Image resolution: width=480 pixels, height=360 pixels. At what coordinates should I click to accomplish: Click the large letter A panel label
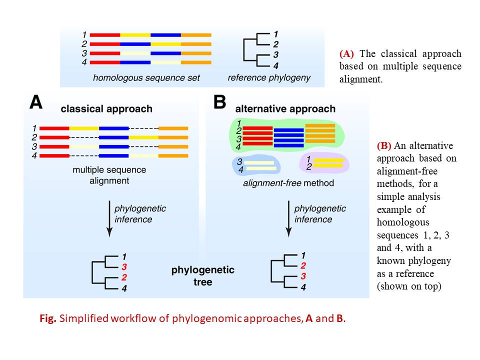(36, 102)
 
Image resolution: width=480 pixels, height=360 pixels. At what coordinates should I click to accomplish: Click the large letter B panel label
(220, 102)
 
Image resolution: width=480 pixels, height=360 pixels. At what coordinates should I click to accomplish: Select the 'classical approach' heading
(106, 108)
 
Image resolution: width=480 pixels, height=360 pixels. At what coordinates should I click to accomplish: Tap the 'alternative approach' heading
(285, 108)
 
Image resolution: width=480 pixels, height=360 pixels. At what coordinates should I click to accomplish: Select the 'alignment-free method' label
(288, 183)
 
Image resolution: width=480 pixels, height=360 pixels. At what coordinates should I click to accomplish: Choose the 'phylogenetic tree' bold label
(202, 276)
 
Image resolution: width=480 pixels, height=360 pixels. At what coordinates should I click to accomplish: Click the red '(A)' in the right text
(347, 53)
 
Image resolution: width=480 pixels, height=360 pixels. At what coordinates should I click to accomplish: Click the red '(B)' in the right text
(384, 146)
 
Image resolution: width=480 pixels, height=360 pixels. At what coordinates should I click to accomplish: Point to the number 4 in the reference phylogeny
(275, 66)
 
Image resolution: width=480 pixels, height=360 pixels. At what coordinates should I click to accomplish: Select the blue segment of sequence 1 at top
(165, 35)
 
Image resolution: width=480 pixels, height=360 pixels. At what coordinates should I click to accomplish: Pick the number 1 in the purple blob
(308, 159)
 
